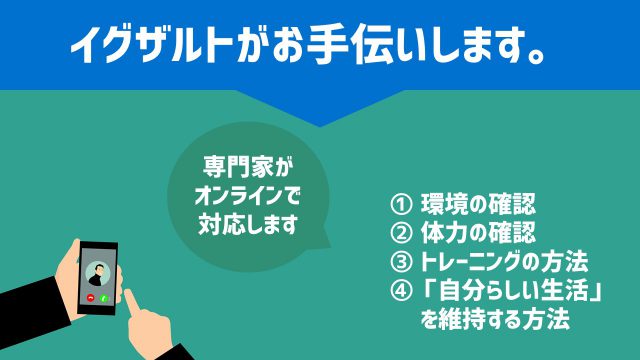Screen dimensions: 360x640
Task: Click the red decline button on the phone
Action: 92,298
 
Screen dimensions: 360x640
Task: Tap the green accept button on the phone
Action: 105,298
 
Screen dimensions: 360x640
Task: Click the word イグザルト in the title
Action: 149,48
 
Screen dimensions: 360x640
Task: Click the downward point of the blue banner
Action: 320,124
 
